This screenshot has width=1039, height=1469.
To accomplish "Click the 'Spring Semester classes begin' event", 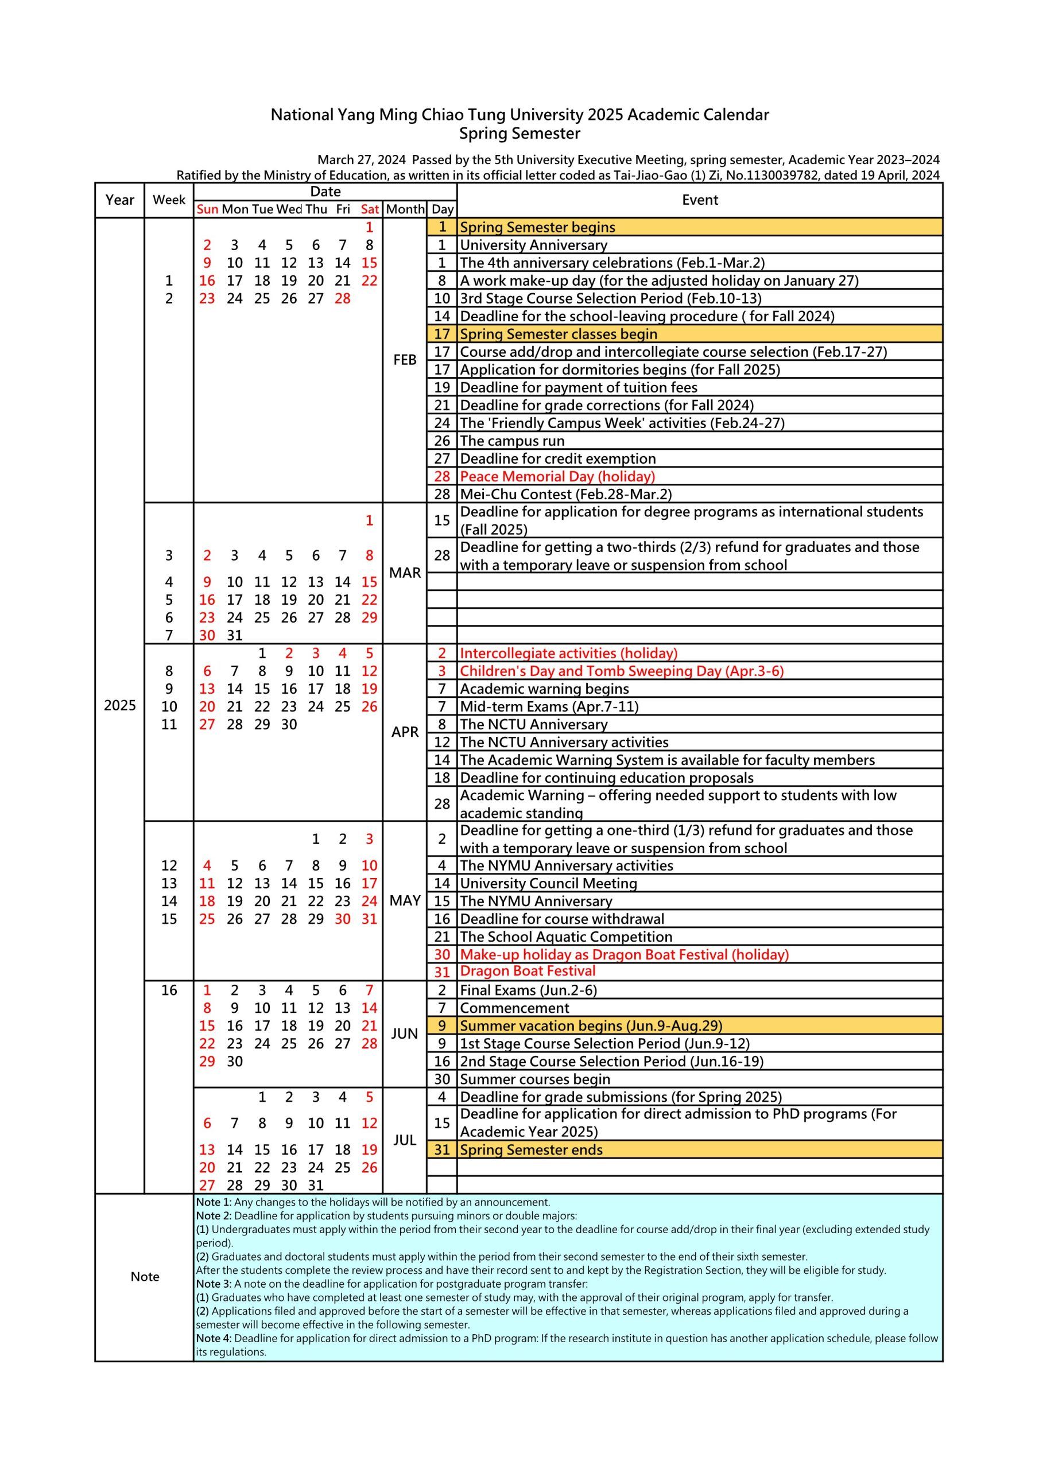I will [x=558, y=334].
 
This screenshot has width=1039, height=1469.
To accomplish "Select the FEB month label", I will [x=405, y=360].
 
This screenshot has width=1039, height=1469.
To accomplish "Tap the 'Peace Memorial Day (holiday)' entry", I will [x=557, y=477].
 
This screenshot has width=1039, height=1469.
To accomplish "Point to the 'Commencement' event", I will [x=514, y=1008].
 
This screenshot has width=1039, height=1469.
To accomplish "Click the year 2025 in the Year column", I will [x=120, y=706].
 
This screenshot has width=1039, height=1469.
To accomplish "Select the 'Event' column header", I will [x=700, y=200].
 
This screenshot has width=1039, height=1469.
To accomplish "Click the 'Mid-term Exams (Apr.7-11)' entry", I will [x=549, y=707].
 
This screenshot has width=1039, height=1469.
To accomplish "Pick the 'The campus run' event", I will [x=512, y=441].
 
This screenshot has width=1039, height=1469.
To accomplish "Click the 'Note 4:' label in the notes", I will [x=214, y=1339].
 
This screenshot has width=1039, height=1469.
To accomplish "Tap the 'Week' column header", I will [x=169, y=200].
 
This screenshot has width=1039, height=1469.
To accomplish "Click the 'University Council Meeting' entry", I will [x=548, y=884].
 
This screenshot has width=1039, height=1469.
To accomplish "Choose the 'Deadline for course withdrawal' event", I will [x=561, y=919].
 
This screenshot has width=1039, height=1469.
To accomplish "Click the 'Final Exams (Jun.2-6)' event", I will [x=528, y=990].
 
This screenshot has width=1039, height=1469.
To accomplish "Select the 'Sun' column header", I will [x=207, y=209].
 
